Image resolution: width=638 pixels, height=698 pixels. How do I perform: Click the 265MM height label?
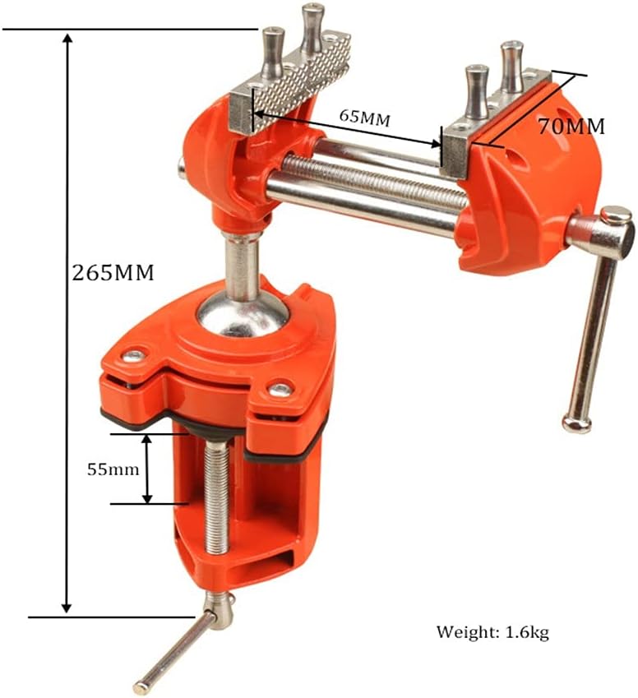coord(114,272)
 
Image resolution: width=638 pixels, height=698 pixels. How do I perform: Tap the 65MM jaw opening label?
coord(365,118)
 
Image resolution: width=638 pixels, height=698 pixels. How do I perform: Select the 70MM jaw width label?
coord(571,126)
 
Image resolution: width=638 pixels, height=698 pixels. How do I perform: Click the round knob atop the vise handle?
coord(616,216)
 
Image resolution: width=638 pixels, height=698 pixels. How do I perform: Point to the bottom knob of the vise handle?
coord(577,423)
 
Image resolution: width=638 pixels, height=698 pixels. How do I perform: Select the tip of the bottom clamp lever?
coord(141,686)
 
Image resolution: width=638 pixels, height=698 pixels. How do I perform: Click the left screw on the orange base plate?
coord(133,356)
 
